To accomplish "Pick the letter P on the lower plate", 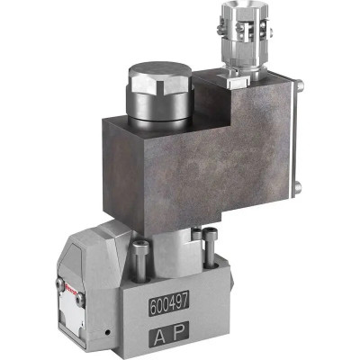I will (182, 338).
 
